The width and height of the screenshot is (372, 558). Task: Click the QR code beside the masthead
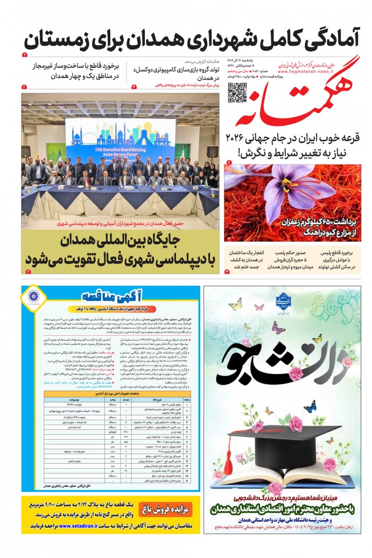click(237, 92)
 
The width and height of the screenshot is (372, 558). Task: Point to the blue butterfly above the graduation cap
click(310, 406)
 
